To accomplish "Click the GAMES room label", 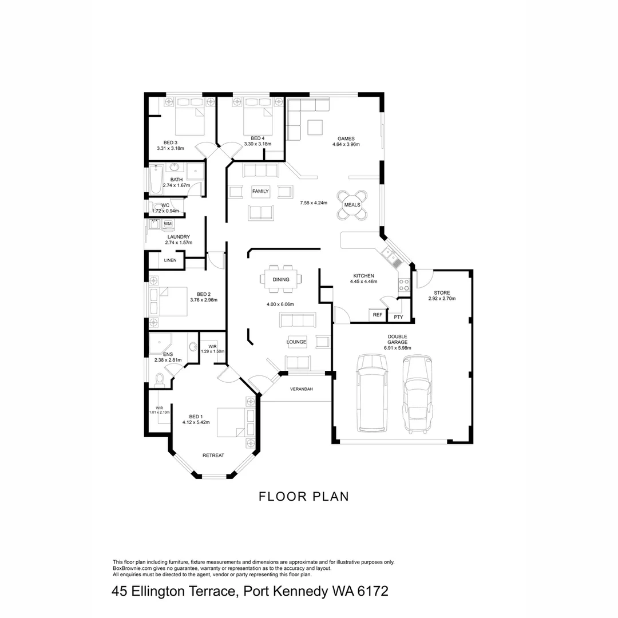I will [x=346, y=138].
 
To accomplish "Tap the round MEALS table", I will [x=352, y=204].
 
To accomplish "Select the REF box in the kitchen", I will [x=377, y=315].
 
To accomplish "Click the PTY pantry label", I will [x=398, y=316].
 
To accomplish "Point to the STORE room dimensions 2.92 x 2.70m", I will [x=442, y=299].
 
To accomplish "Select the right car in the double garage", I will [x=419, y=394].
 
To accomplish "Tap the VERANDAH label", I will [x=302, y=389].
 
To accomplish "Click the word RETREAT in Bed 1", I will [x=213, y=455].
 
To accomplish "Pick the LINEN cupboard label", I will [x=170, y=260].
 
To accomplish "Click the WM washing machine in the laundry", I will [x=168, y=224].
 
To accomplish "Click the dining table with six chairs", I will [x=281, y=279].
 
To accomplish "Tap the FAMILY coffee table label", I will [x=260, y=191].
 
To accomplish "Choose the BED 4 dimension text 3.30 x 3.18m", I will [x=257, y=144].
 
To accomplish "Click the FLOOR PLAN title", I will [x=303, y=496].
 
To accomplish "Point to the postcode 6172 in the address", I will [x=373, y=591].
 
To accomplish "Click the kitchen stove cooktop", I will [x=403, y=284].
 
